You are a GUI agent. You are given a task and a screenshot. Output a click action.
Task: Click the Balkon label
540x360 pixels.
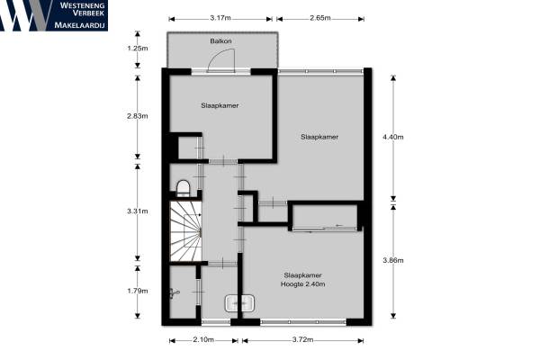click(220, 41)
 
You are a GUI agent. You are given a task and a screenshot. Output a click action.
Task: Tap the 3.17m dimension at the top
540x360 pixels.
click(220, 18)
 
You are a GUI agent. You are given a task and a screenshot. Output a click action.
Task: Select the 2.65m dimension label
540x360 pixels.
click(319, 18)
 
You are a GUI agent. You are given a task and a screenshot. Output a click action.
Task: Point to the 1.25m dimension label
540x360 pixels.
click(138, 49)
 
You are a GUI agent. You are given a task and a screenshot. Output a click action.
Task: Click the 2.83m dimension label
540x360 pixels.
click(138, 116)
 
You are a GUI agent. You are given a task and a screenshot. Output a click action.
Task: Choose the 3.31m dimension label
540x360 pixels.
click(138, 211)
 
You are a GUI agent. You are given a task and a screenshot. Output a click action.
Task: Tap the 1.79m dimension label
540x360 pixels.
click(138, 291)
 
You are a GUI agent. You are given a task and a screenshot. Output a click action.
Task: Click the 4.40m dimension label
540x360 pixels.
click(393, 137)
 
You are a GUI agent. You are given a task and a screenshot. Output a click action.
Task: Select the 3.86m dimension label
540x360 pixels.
click(393, 260)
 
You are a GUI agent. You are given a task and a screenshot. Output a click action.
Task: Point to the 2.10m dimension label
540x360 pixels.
click(203, 339)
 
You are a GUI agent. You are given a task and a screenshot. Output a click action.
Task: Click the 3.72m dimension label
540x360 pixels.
click(302, 339)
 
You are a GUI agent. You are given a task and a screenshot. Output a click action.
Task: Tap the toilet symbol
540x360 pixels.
click(183, 188)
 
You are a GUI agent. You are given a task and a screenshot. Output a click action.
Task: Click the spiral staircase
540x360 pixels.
click(185, 231)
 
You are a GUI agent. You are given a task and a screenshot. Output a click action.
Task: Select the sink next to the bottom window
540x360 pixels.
click(239, 303)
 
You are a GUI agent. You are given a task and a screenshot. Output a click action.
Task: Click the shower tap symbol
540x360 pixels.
click(175, 293)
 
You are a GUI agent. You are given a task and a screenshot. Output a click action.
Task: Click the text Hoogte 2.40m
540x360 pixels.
click(302, 284)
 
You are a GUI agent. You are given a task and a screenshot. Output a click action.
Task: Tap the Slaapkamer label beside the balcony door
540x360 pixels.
click(220, 105)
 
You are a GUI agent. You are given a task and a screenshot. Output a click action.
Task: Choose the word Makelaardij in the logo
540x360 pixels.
click(79, 25)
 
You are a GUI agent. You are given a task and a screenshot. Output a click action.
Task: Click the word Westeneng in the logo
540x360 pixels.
click(82, 5)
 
